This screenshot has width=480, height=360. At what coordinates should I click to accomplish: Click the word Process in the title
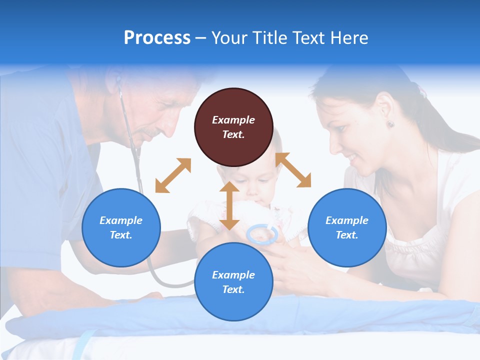coord(157,38)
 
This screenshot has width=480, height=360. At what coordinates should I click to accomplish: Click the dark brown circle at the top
coord(233,127)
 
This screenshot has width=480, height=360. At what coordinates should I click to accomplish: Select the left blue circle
coord(121,227)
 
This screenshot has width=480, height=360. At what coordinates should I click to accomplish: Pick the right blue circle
coord(347,227)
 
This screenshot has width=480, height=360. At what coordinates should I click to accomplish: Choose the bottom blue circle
coord(233,282)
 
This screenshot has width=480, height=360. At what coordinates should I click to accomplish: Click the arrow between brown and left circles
coord(173,175)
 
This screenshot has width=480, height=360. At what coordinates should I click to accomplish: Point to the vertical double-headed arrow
coord(229,205)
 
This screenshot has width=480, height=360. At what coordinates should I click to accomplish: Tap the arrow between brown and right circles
coord(293,170)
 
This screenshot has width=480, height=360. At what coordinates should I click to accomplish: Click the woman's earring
coord(389,123)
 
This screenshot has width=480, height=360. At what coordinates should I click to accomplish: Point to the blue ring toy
coord(262,234)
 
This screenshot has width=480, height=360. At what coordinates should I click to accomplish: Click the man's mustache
coord(150,133)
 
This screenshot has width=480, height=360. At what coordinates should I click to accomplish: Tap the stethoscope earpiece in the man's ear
coord(118,79)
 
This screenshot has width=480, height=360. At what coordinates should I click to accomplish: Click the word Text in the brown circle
coord(233,134)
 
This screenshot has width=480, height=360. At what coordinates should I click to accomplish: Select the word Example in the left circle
coord(121,220)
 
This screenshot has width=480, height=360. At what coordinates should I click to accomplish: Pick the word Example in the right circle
coord(347,220)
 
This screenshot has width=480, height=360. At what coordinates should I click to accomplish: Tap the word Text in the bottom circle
coord(233,289)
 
